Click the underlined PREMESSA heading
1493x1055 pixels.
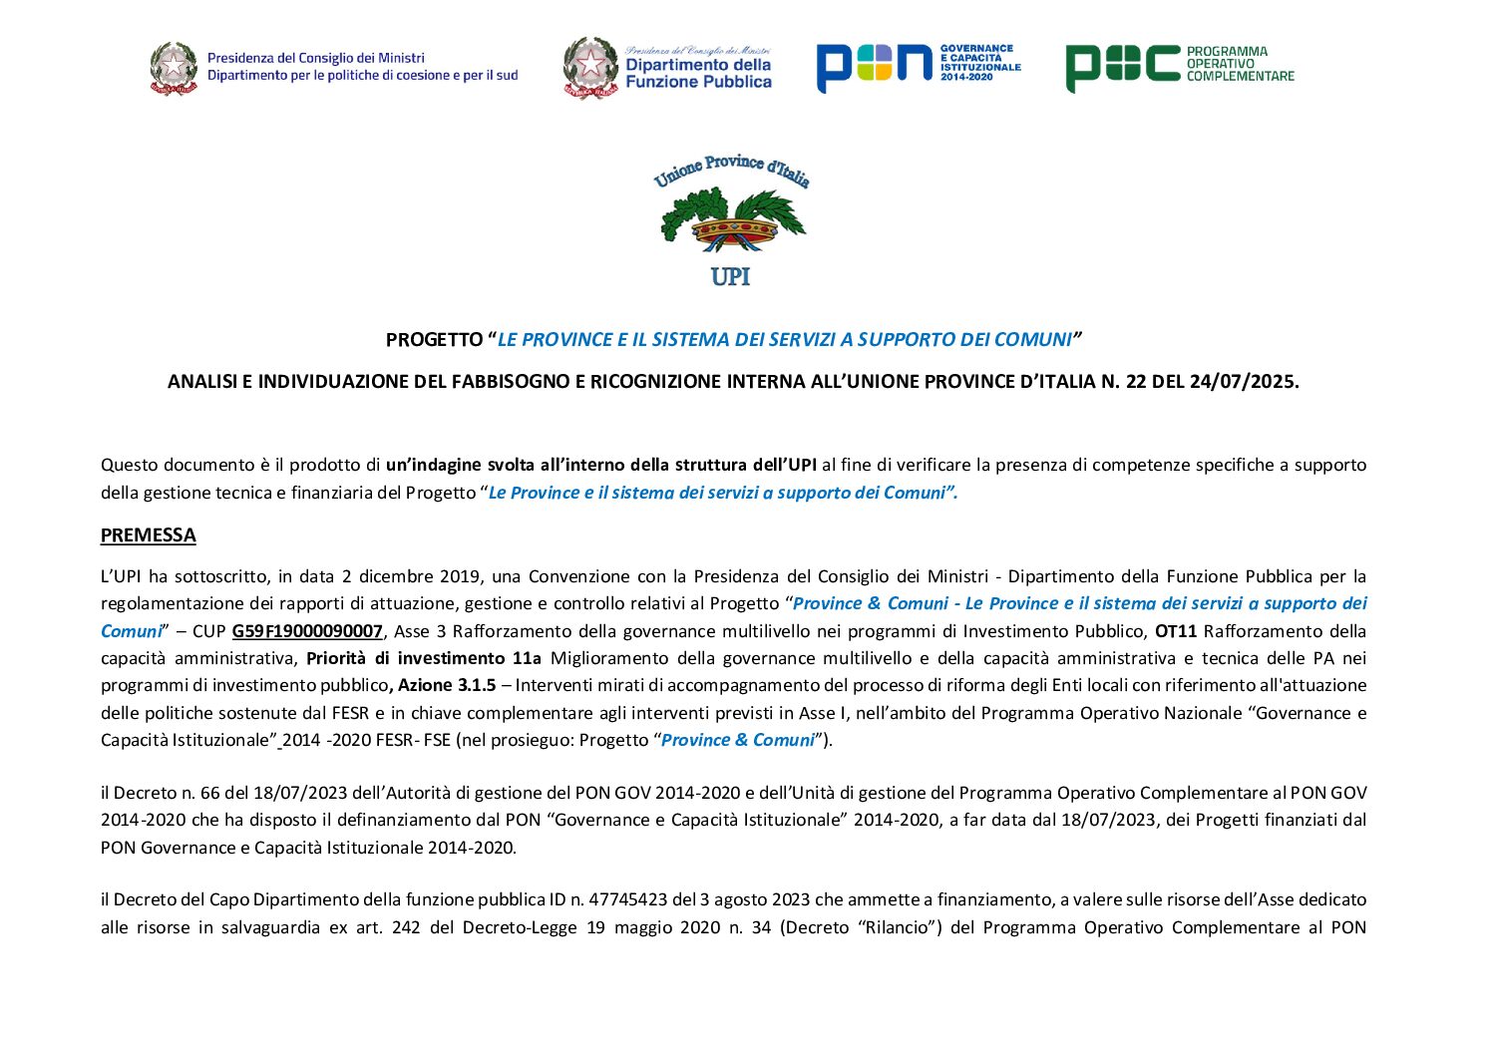point(148,535)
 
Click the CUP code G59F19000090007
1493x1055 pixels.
point(307,631)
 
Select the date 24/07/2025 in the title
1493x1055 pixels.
point(1243,382)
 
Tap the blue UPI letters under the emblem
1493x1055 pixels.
point(730,277)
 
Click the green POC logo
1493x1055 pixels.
point(1122,67)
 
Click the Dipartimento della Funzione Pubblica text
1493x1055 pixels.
point(698,73)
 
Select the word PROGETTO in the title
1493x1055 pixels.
point(434,340)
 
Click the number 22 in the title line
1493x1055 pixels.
point(1135,382)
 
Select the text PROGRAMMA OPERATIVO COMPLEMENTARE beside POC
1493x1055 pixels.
point(1240,64)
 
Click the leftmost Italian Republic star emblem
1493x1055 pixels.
point(174,68)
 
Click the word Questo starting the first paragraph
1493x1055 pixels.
point(129,465)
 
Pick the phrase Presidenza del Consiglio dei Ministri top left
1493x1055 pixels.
point(316,59)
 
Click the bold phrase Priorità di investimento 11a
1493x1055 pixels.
point(424,658)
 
